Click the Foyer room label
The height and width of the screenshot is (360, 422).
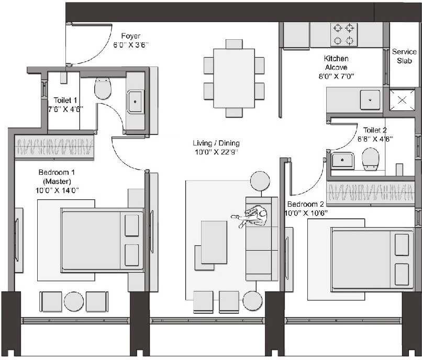[130, 36]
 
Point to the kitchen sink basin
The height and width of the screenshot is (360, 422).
[370, 99]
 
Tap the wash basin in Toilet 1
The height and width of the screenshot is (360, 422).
[135, 100]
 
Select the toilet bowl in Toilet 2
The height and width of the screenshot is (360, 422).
[371, 159]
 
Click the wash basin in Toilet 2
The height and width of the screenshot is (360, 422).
[343, 160]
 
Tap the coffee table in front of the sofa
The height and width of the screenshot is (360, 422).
[214, 242]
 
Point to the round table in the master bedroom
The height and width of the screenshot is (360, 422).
[74, 302]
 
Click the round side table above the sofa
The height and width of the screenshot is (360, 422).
[260, 181]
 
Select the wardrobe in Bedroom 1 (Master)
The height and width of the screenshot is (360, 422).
[54, 147]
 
